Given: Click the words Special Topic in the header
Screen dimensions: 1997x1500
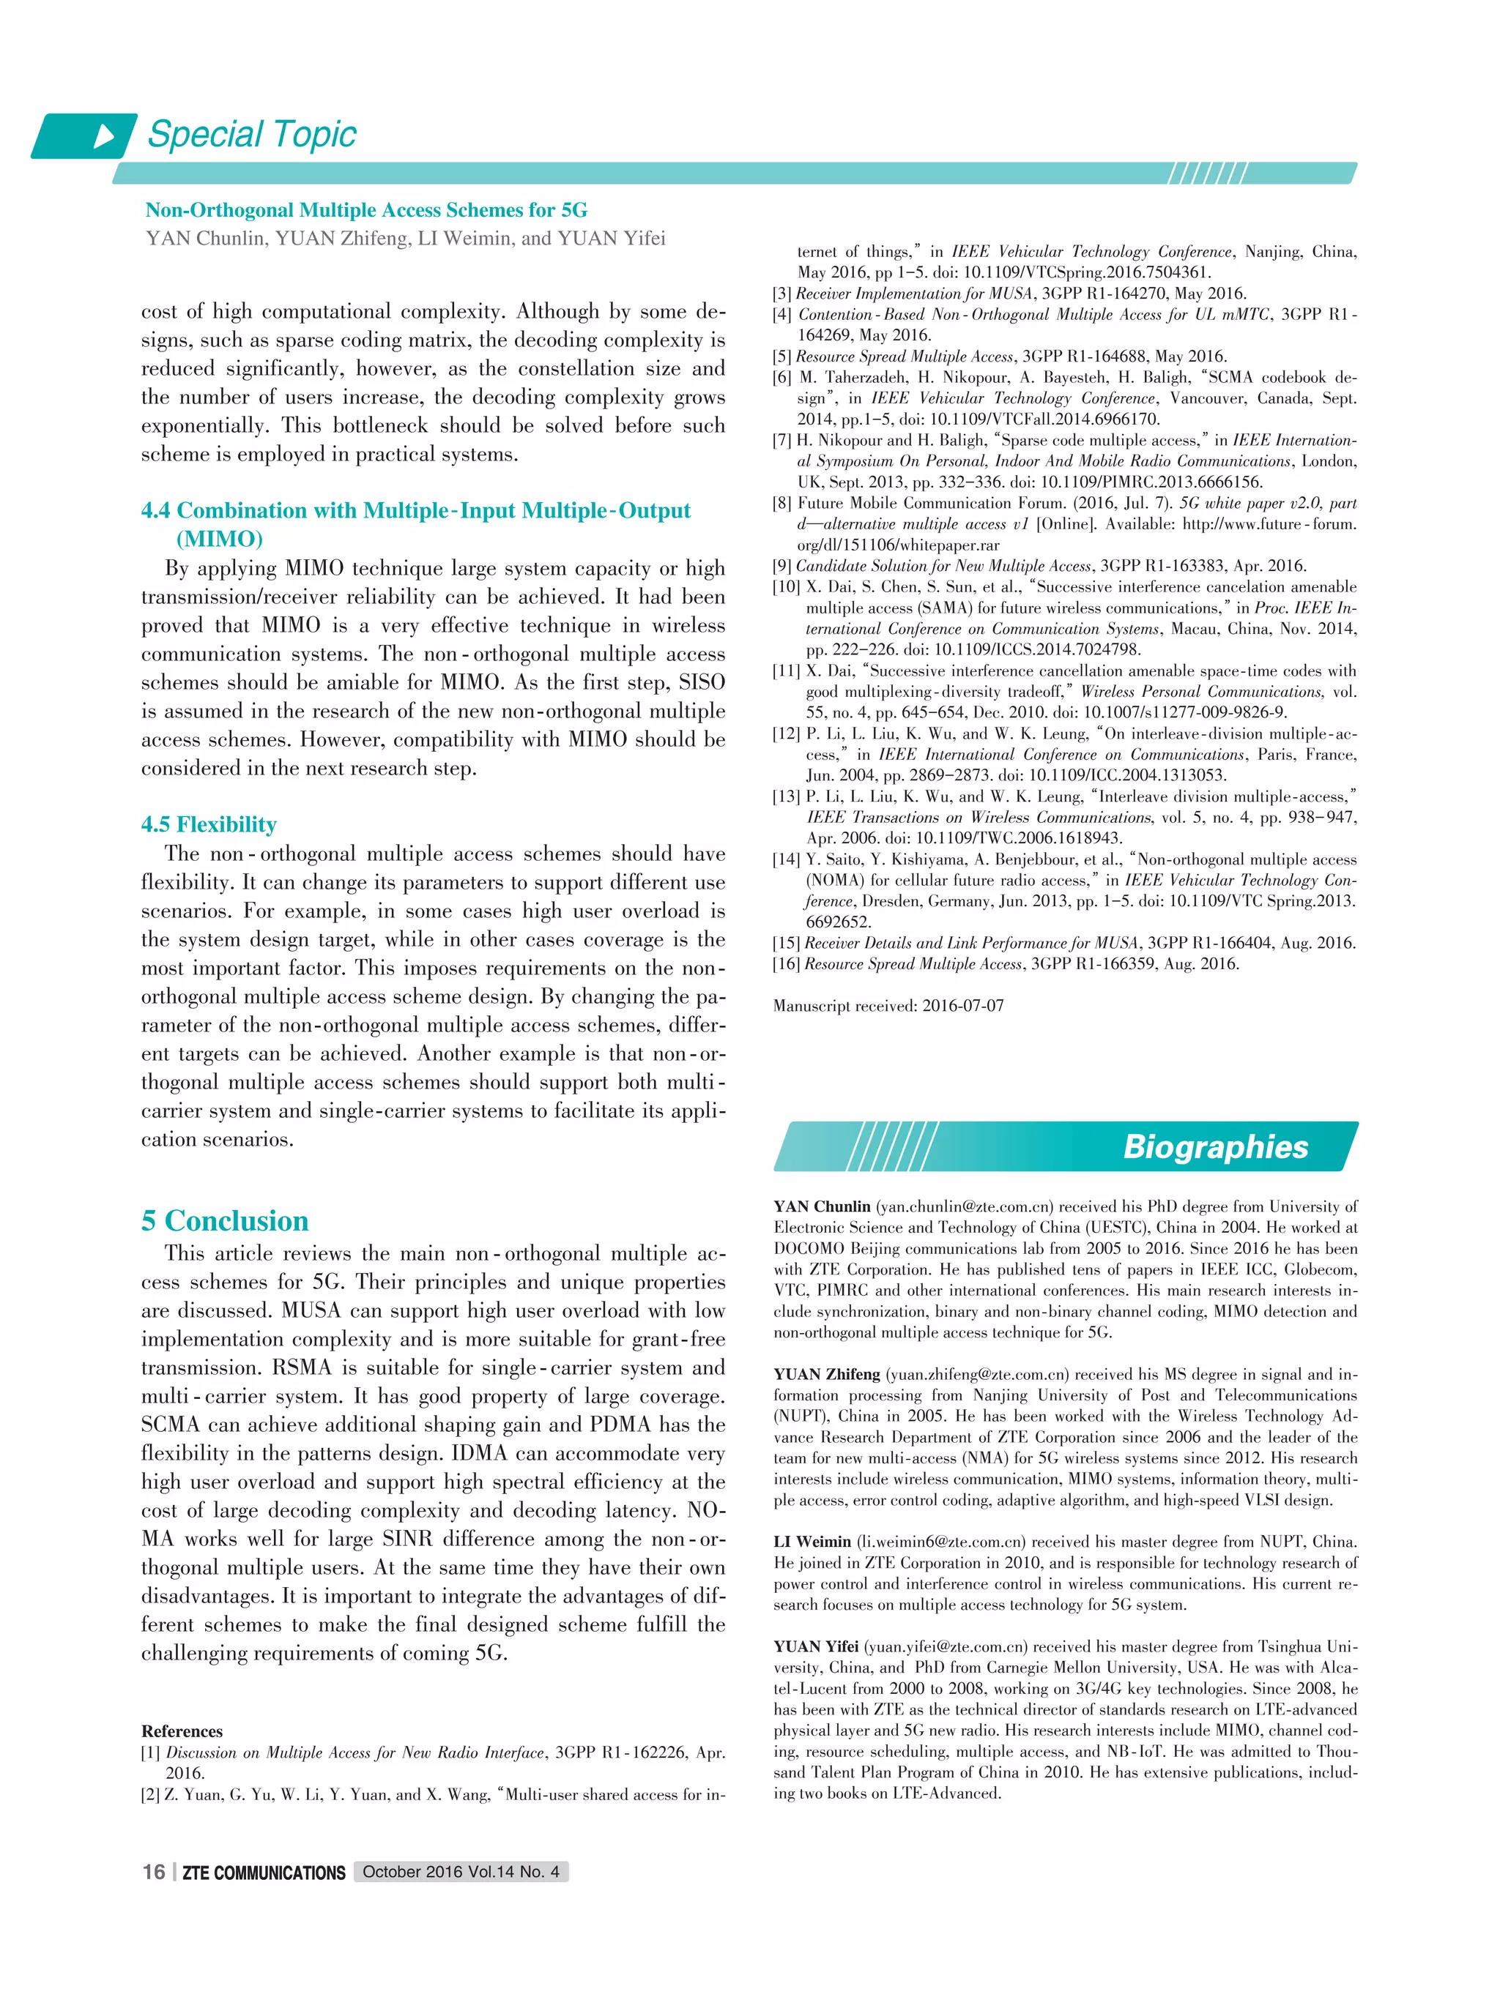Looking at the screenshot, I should (x=252, y=135).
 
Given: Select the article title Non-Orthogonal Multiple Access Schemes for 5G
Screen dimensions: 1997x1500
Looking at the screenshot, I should (x=365, y=210).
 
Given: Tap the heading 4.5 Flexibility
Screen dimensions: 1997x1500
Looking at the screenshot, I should (x=209, y=824).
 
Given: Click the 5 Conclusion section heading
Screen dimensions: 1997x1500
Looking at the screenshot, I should (x=225, y=1220).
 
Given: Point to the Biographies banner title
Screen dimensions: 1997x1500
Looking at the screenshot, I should (x=1214, y=1146).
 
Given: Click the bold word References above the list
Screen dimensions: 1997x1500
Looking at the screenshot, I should (x=182, y=1731).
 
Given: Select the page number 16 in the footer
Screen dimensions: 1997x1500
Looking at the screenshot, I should (x=154, y=1872).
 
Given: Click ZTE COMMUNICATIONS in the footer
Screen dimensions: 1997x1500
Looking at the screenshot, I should (x=264, y=1873).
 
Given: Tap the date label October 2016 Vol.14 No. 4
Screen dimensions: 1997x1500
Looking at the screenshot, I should (x=461, y=1872).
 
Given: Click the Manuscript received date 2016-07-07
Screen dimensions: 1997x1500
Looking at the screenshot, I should (x=962, y=1006).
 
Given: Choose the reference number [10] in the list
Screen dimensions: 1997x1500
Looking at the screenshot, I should (x=786, y=587).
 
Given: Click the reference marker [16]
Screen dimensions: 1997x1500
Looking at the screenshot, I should (x=786, y=964).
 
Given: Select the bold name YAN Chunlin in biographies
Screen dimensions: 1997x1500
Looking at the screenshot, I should (x=822, y=1207).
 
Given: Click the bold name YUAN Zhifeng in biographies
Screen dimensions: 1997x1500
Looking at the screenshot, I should (x=826, y=1374).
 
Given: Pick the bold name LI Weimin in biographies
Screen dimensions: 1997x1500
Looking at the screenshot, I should (x=812, y=1542).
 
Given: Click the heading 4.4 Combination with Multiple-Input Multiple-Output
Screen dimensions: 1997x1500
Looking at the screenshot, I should (x=415, y=511).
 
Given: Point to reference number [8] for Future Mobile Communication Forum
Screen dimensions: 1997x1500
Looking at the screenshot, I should (x=782, y=503).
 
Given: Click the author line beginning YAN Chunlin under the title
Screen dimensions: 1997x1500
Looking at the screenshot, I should (x=406, y=239).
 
